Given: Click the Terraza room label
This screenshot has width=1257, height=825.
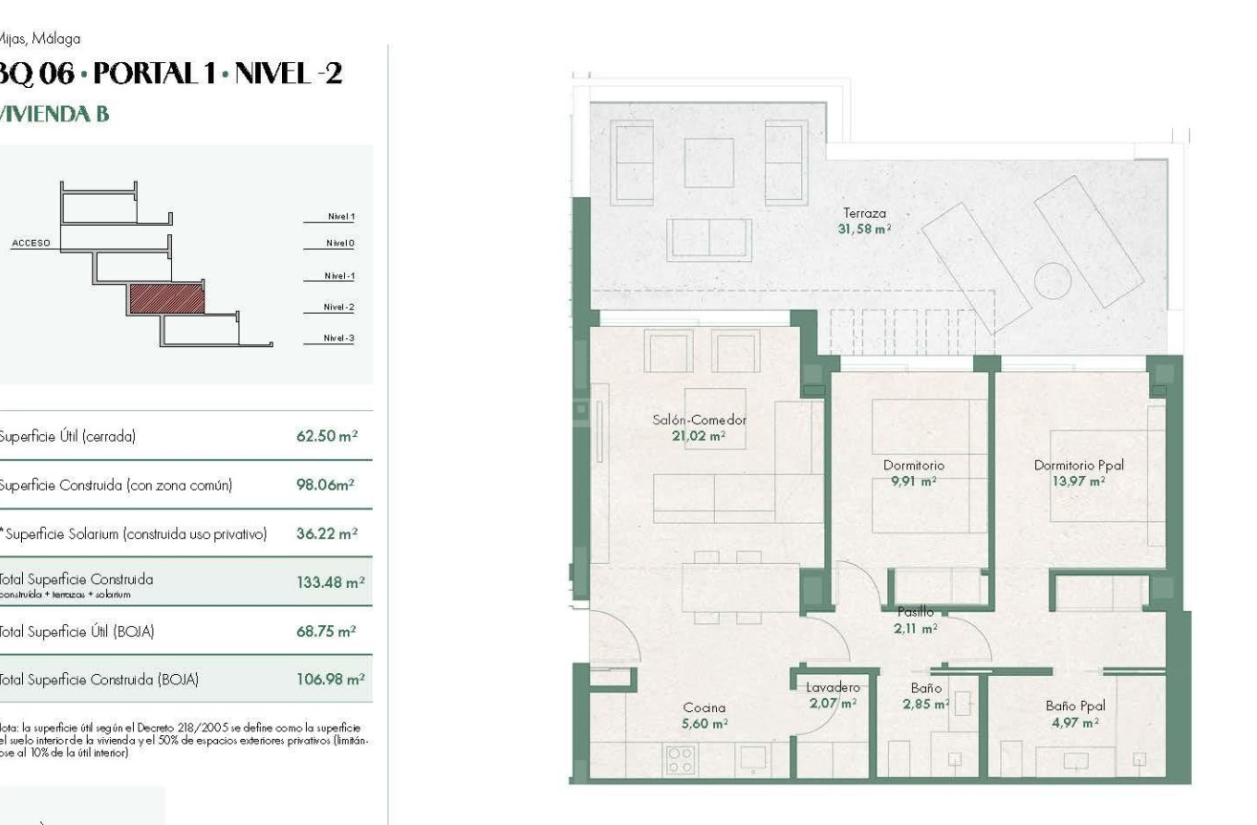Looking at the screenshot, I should point(864,213).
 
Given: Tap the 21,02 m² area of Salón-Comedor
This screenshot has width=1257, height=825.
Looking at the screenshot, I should point(698,436).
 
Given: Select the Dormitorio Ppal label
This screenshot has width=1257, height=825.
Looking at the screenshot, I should point(1078,466).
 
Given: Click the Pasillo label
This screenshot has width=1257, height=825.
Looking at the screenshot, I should point(915,612).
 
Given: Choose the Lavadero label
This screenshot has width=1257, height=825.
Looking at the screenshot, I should point(832,687).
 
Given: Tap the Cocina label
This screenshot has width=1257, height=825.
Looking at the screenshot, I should point(704,708).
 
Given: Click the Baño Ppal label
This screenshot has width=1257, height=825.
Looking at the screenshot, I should point(1074,706).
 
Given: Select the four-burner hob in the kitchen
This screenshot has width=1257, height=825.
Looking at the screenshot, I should point(680,760).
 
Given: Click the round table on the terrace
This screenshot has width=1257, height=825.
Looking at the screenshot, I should point(1052,281).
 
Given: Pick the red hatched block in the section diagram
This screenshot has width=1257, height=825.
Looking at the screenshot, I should point(166,299).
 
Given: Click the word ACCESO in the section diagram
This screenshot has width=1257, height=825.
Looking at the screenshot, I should point(31,244).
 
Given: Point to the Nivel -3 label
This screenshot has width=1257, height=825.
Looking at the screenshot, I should point(338,338).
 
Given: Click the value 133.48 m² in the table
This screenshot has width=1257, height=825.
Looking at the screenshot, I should point(330,582).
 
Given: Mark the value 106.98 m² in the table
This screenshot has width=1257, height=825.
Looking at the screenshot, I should point(330,680).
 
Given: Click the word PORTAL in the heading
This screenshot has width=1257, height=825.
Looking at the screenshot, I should point(151,74).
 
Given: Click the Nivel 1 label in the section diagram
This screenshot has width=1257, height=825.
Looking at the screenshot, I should point(340,217).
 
